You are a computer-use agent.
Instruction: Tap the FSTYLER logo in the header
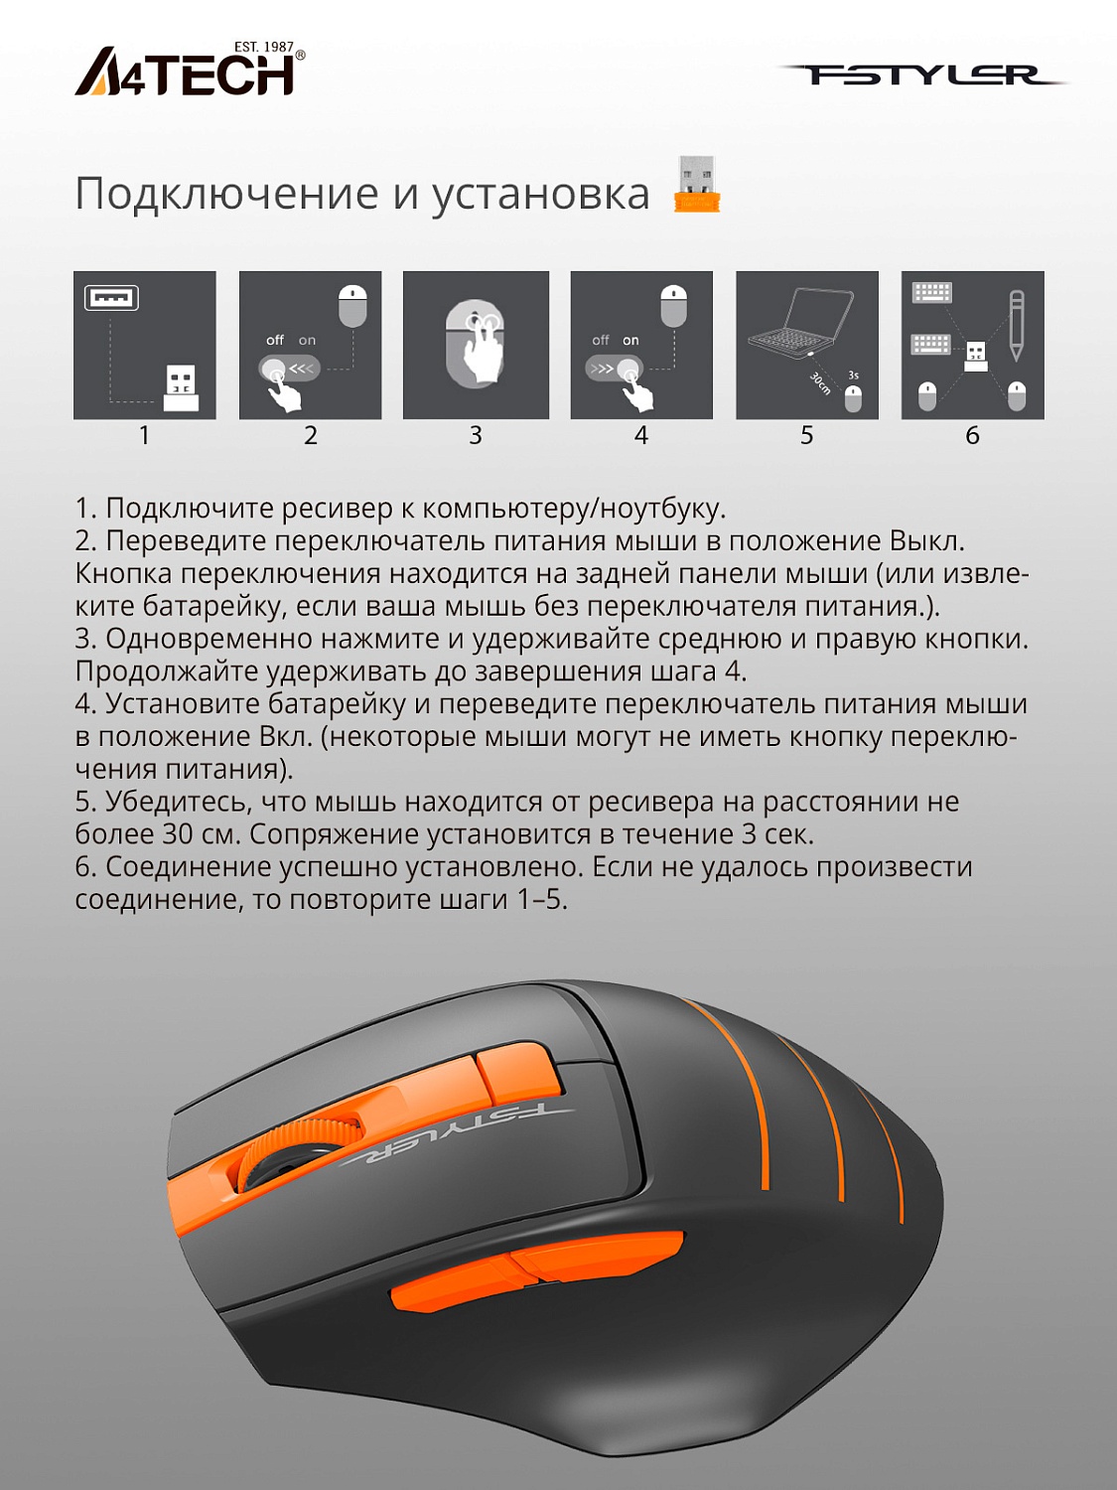point(922,74)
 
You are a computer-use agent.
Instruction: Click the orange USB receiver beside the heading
point(697,184)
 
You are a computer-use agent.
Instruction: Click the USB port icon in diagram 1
point(111,297)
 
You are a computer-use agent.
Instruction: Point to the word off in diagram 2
point(275,340)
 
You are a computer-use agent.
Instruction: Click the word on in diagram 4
point(630,340)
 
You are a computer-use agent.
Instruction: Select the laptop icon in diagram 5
point(799,322)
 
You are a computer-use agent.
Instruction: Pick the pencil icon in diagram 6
point(1016,326)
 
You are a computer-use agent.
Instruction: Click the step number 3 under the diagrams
point(476,435)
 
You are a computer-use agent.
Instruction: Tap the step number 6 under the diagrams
point(972,435)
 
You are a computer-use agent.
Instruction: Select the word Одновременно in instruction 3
point(209,640)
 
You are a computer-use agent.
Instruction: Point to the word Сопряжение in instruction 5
point(335,835)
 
